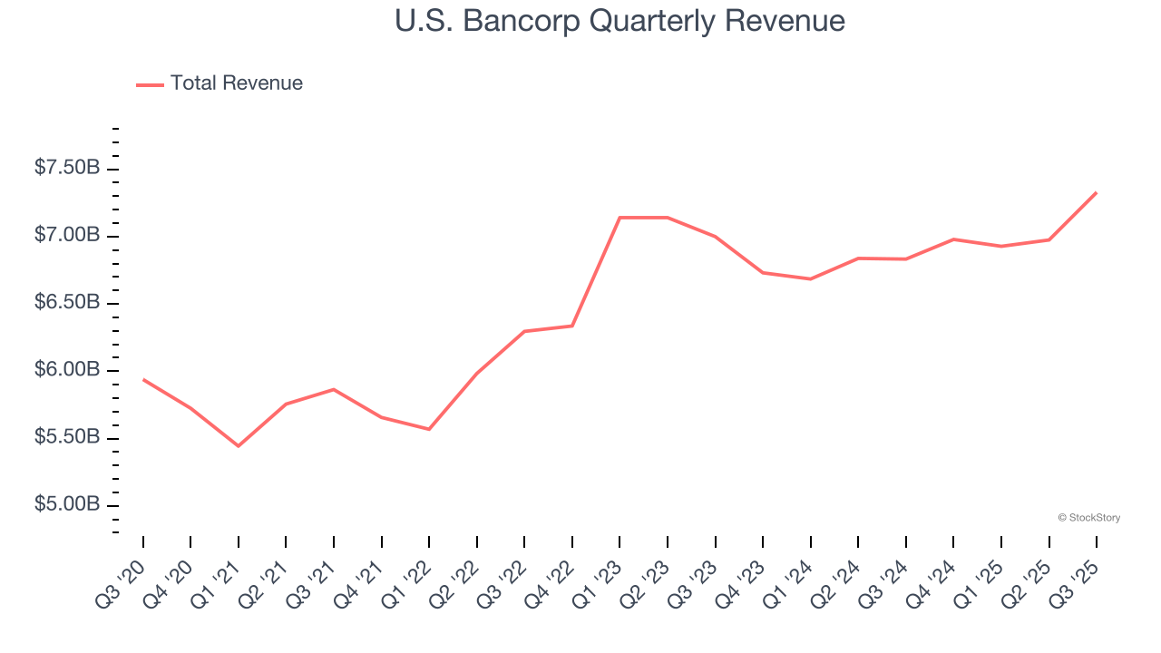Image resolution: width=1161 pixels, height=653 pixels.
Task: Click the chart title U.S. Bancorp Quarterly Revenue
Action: pyautogui.click(x=620, y=21)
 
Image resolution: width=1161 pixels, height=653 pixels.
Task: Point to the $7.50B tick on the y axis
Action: pyautogui.click(x=67, y=169)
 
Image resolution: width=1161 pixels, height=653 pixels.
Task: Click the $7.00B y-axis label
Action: pyautogui.click(x=67, y=236)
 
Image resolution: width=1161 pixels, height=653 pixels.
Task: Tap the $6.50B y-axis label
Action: pyautogui.click(x=67, y=303)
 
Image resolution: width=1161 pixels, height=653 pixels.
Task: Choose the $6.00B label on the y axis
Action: pyautogui.click(x=67, y=370)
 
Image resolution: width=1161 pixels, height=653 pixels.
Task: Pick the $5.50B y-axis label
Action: pyautogui.click(x=67, y=437)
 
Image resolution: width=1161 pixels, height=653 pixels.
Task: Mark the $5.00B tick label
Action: pyautogui.click(x=67, y=505)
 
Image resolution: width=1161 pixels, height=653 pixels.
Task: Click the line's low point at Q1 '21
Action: pyautogui.click(x=239, y=446)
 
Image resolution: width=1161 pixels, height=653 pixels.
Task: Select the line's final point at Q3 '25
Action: pyautogui.click(x=1097, y=192)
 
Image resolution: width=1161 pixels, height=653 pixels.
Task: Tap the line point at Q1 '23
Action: pyautogui.click(x=620, y=218)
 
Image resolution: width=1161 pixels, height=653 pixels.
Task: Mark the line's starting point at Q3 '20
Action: pyautogui.click(x=143, y=379)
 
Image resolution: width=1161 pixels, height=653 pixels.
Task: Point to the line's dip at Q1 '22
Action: pyautogui.click(x=429, y=429)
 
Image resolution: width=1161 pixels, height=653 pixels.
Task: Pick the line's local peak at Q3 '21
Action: pyautogui.click(x=334, y=389)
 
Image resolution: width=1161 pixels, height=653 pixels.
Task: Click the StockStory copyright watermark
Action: pyautogui.click(x=1088, y=518)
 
